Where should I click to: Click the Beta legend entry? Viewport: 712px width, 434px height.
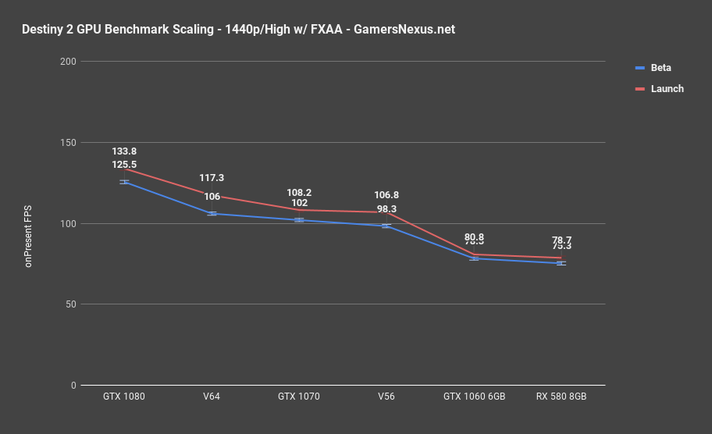[x=660, y=68]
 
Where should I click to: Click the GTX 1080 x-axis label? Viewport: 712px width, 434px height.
[x=124, y=397]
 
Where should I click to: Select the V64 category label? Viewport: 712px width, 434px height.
[x=212, y=397]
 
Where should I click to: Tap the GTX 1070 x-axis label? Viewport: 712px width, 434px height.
[x=299, y=397]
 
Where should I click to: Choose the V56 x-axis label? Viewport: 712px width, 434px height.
[x=386, y=397]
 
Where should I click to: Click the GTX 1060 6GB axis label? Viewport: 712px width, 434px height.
[x=474, y=397]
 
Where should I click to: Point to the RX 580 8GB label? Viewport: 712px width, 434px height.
[x=561, y=397]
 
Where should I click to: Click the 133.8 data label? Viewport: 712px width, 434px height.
[x=124, y=151]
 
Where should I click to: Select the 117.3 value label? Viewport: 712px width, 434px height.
[x=212, y=178]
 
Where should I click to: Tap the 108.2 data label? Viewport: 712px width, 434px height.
[x=299, y=192]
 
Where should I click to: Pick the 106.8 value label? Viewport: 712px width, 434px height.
[x=386, y=195]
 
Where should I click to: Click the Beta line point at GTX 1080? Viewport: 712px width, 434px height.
[x=124, y=182]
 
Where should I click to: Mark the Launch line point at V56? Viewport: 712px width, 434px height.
[x=386, y=212]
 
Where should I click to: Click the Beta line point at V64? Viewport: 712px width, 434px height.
[x=212, y=214]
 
